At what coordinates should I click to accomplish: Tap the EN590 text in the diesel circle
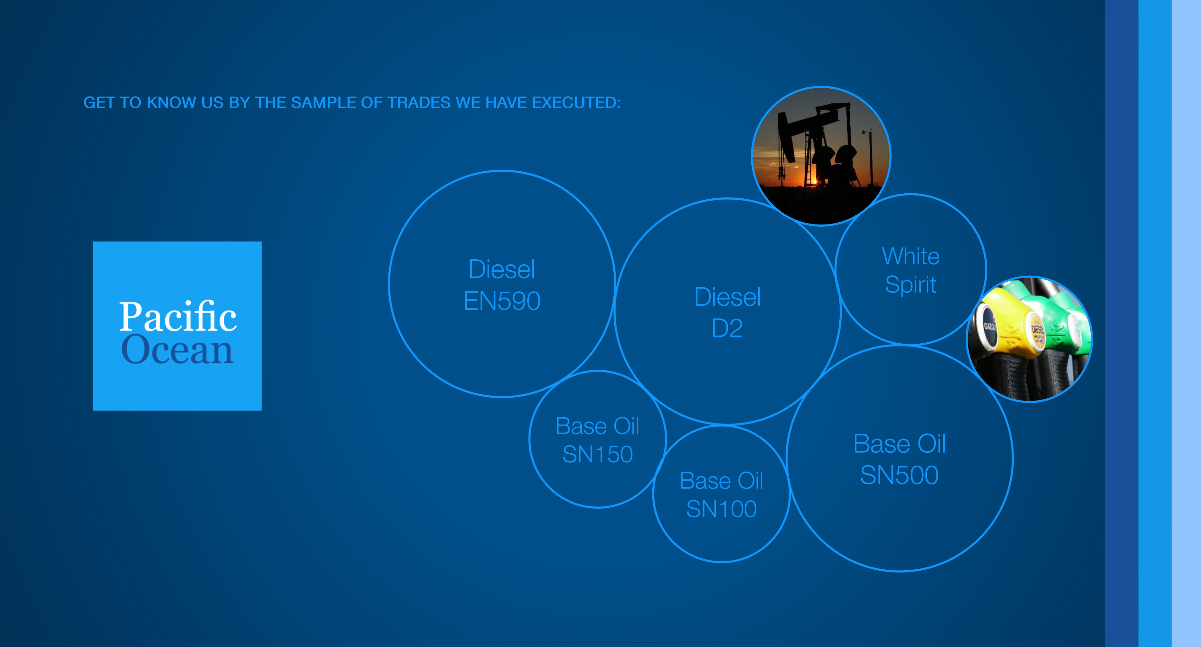502,301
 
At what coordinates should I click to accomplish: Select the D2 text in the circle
727,329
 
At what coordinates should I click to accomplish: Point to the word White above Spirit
911,256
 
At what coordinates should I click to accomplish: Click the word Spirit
911,285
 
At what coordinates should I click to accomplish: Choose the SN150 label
597,454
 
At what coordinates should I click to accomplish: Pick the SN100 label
721,509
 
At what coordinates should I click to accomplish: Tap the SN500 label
899,475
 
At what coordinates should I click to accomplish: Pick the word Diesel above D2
727,297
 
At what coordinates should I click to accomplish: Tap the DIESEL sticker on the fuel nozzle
1038,332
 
